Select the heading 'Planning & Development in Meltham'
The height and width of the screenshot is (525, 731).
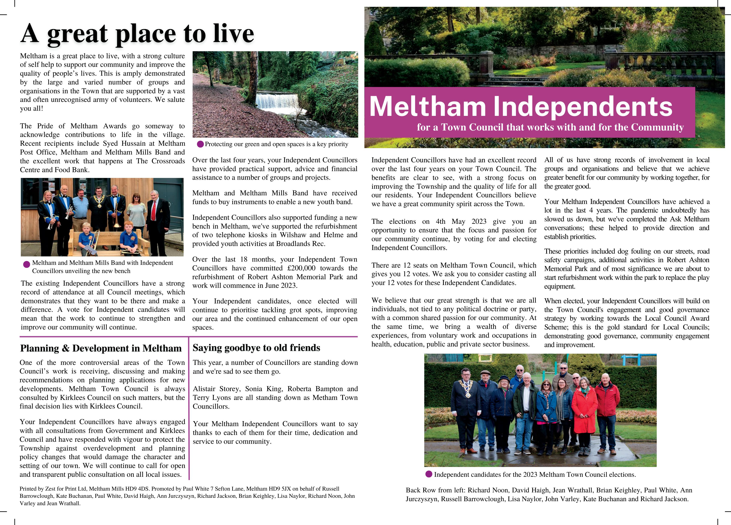click(x=101, y=348)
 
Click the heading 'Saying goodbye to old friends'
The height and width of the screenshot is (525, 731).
click(x=256, y=348)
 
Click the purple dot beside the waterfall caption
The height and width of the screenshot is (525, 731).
click(x=200, y=144)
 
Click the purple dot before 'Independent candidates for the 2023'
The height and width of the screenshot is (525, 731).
click(x=429, y=474)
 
